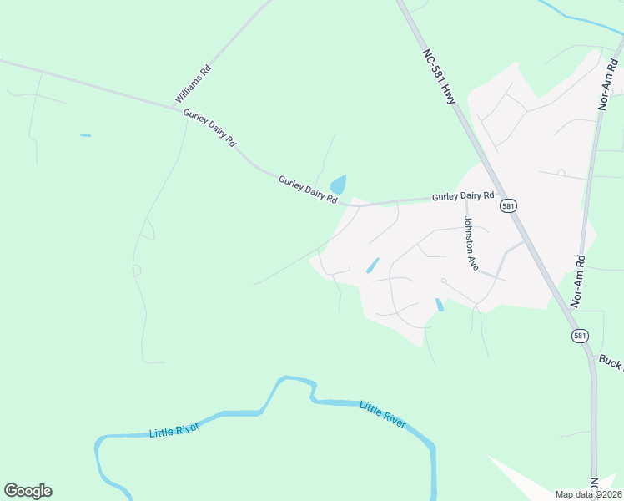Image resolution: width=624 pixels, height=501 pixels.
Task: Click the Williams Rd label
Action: pos(194,84)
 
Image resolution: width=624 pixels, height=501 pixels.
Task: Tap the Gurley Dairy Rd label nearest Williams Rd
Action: pos(209,129)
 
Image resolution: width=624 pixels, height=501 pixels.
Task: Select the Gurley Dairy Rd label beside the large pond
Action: pos(307,190)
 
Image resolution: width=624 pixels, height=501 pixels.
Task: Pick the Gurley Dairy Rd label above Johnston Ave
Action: pos(463,196)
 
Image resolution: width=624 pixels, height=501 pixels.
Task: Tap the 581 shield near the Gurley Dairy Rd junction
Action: pos(507,205)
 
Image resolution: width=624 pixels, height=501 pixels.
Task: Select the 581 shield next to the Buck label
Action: pos(580,335)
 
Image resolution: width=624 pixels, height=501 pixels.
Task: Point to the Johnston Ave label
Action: pos(471,243)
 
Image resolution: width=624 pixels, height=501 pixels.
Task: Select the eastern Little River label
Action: pos(383,414)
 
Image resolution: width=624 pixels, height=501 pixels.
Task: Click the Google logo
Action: pos(28,491)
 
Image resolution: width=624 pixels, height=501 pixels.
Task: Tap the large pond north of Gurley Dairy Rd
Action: pos(339,185)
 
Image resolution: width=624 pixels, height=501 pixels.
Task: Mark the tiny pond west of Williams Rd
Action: pos(85,135)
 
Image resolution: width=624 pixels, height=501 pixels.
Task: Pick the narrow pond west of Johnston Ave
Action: pos(371,265)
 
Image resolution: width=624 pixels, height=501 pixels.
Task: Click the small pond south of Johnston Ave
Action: pos(440,306)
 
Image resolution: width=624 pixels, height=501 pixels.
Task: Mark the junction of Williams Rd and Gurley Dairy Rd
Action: pos(172,108)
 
